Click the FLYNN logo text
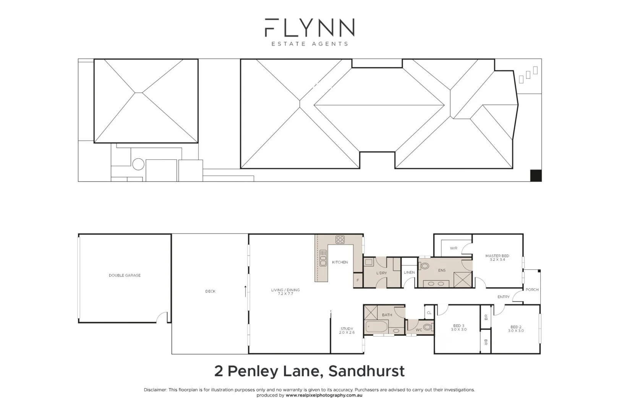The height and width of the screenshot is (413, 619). [309, 28]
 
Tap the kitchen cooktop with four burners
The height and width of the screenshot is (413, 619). [340, 240]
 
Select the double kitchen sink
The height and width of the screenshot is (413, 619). [323, 258]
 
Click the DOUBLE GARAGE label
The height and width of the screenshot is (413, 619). [125, 275]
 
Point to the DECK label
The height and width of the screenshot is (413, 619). [210, 291]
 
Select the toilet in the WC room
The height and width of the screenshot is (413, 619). [428, 327]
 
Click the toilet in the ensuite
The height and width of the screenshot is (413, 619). [425, 266]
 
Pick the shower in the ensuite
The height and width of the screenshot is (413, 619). [463, 280]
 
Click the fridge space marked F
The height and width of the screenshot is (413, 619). [358, 280]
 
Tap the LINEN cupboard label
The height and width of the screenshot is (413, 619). [409, 273]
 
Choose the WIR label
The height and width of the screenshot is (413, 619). [454, 248]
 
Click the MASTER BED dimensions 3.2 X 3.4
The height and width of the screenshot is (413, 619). [497, 260]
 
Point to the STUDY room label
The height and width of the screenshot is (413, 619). [347, 329]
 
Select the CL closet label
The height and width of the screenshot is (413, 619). [429, 313]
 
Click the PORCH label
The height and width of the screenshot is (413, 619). [532, 289]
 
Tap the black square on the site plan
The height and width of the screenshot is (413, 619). [536, 176]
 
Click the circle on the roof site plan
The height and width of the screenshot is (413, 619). [138, 164]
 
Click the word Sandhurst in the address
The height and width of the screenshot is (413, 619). [366, 371]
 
